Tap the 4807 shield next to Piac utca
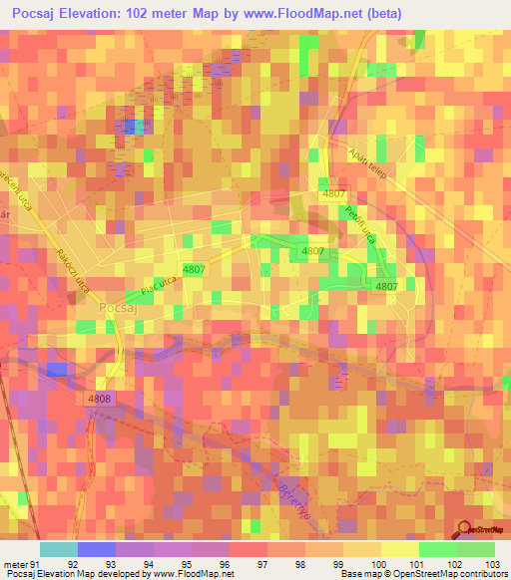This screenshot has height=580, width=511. [x=194, y=269]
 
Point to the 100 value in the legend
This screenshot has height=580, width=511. [x=370, y=565]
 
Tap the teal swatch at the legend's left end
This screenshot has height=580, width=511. [x=58, y=549]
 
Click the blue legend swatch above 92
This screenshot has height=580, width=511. [x=96, y=549]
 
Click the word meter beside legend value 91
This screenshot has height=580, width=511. [x=15, y=565]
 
